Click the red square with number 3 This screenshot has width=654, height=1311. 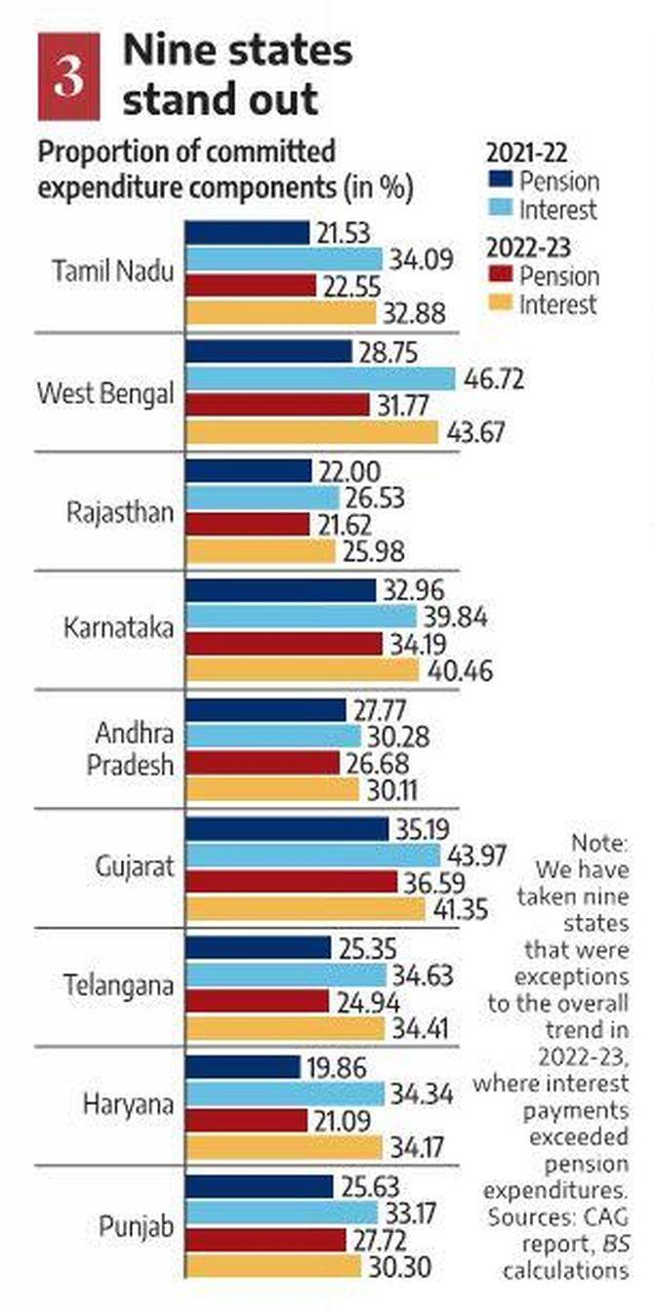[67, 77]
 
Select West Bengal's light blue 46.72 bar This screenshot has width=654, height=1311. [320, 379]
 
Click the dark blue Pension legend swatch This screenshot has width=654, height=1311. [498, 181]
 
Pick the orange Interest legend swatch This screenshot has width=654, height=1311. [498, 304]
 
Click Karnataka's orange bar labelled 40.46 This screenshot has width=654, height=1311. [302, 671]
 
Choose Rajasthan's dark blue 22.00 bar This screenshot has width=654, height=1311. [248, 471]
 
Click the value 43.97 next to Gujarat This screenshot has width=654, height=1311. [477, 854]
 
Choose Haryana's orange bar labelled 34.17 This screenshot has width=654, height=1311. [284, 1148]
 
